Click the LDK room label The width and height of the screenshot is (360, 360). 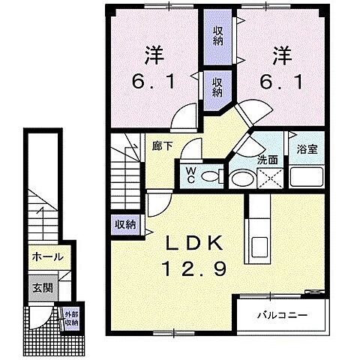pos(194,243)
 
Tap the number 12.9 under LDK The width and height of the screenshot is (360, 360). pos(194,268)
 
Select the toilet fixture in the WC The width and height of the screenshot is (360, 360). pos(212,176)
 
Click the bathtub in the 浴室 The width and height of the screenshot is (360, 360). pos(307,176)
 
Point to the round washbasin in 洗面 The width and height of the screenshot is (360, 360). pos(242,178)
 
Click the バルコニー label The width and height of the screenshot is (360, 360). pos(283,315)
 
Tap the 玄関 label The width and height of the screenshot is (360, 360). pos(43,288)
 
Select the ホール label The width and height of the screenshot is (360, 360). pos(47,256)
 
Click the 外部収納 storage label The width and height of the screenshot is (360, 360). pos(71,318)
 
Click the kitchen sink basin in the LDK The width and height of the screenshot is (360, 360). pos(259,247)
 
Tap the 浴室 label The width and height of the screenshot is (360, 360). pos(307,149)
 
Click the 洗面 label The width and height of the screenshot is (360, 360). pos(268,160)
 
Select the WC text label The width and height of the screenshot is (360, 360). pos(190,175)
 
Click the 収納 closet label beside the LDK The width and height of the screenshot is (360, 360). pos(125,225)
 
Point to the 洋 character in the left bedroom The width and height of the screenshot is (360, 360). pos(154,55)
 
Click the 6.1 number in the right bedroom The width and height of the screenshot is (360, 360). pos(281,82)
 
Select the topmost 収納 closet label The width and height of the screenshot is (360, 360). pos(217,36)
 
